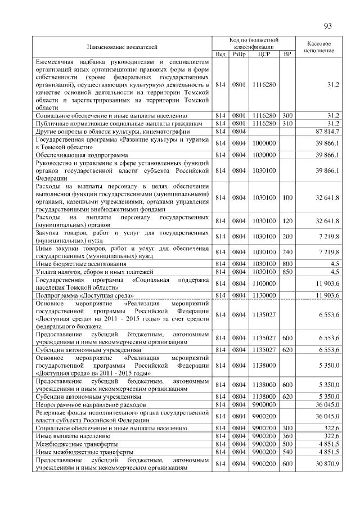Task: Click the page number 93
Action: click(329, 25)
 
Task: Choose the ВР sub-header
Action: click(287, 54)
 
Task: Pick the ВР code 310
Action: click(287, 123)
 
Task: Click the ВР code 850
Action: click(287, 271)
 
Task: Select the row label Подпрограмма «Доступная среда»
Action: click(84, 294)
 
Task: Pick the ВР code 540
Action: click(287, 452)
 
